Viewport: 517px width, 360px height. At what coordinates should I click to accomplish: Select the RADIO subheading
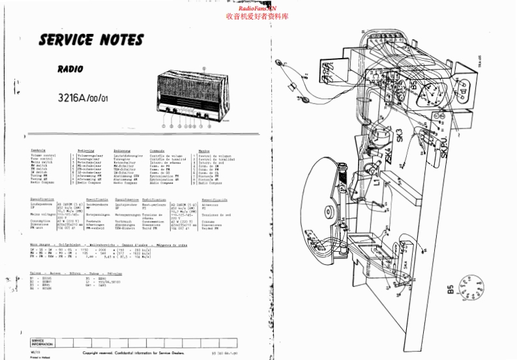(69, 67)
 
